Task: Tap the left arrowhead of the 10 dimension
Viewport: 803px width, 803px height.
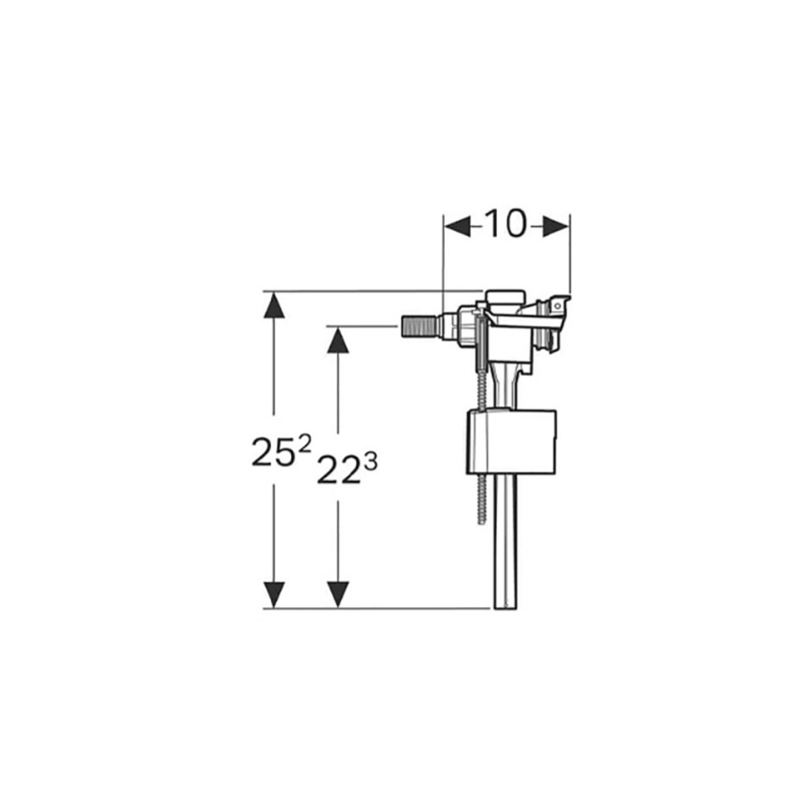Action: tap(458, 227)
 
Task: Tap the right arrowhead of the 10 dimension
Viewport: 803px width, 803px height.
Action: tap(555, 227)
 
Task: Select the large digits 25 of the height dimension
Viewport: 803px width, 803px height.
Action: tap(270, 452)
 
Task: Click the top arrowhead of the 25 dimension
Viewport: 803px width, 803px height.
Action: tap(274, 305)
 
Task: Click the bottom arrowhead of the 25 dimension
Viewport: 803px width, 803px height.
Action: tap(274, 595)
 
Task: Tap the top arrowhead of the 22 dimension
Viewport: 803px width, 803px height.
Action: tap(338, 340)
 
